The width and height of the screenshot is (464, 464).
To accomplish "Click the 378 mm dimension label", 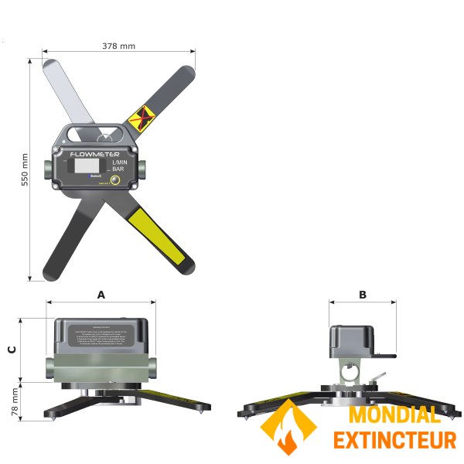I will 118,46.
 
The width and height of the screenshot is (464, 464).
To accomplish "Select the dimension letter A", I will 101,295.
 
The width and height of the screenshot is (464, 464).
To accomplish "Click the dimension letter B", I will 363,295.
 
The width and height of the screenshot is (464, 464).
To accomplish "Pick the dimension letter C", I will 12,349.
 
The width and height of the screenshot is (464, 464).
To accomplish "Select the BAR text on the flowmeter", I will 118,169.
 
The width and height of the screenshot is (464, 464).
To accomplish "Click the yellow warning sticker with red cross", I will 139,118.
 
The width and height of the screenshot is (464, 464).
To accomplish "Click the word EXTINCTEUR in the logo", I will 394,441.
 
